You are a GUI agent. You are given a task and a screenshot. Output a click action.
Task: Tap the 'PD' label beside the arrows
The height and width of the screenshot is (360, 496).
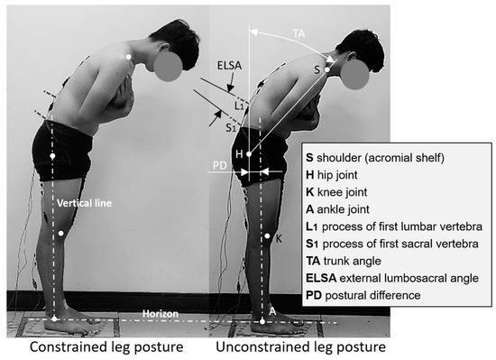219,165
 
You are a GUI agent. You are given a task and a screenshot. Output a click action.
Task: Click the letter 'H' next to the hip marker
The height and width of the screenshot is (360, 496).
239,153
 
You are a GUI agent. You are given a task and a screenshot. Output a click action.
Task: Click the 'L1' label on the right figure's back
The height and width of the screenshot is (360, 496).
239,105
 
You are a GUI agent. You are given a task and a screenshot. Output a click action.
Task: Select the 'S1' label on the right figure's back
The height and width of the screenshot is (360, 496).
231,128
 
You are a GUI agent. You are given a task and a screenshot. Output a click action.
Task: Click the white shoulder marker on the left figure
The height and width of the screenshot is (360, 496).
130,58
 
